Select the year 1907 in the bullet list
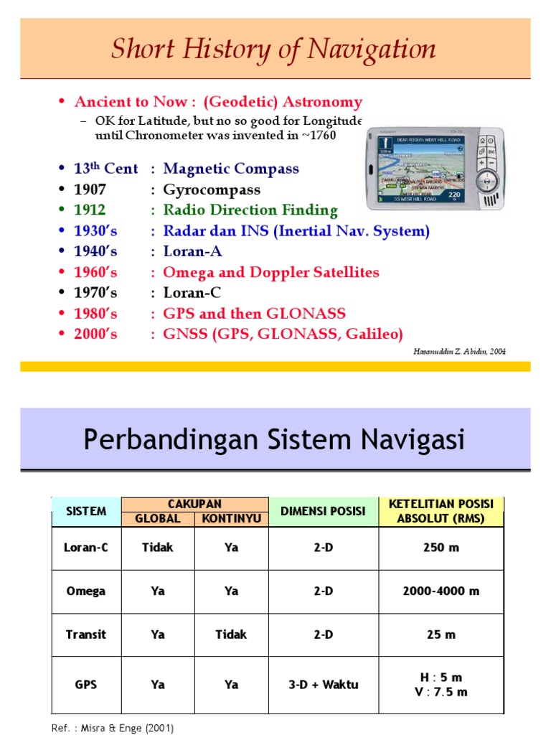pyautogui.click(x=90, y=190)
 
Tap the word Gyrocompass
pyautogui.click(x=212, y=190)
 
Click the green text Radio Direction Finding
pyautogui.click(x=250, y=210)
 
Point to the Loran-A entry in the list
pyautogui.click(x=192, y=252)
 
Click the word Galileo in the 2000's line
pyautogui.click(x=372, y=334)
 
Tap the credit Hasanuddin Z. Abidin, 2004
pyautogui.click(x=460, y=350)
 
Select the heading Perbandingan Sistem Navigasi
pyautogui.click(x=274, y=439)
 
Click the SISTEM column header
pyautogui.click(x=86, y=511)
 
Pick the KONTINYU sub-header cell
pyautogui.click(x=230, y=519)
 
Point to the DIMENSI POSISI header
pyautogui.click(x=323, y=511)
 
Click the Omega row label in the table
pyautogui.click(x=86, y=591)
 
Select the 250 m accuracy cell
pyautogui.click(x=441, y=548)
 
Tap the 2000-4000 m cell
pyautogui.click(x=441, y=591)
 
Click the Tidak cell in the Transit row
pyautogui.click(x=230, y=635)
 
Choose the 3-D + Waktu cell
pyautogui.click(x=323, y=685)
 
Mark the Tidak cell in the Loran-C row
pyautogui.click(x=158, y=548)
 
